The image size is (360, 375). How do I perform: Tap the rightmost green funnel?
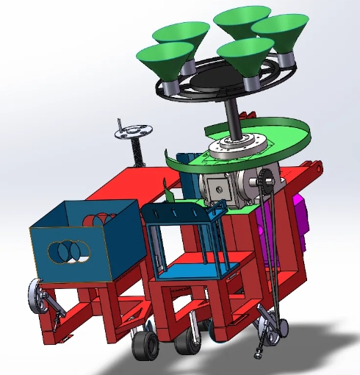[x=275, y=33]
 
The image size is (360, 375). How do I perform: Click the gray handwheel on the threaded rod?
[x=132, y=133]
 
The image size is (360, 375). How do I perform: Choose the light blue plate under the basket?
[x=187, y=270]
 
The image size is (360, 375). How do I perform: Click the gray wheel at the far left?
[x=37, y=297]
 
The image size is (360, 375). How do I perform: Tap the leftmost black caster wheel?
[x=145, y=345]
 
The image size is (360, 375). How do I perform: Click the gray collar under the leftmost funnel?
[x=171, y=86]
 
